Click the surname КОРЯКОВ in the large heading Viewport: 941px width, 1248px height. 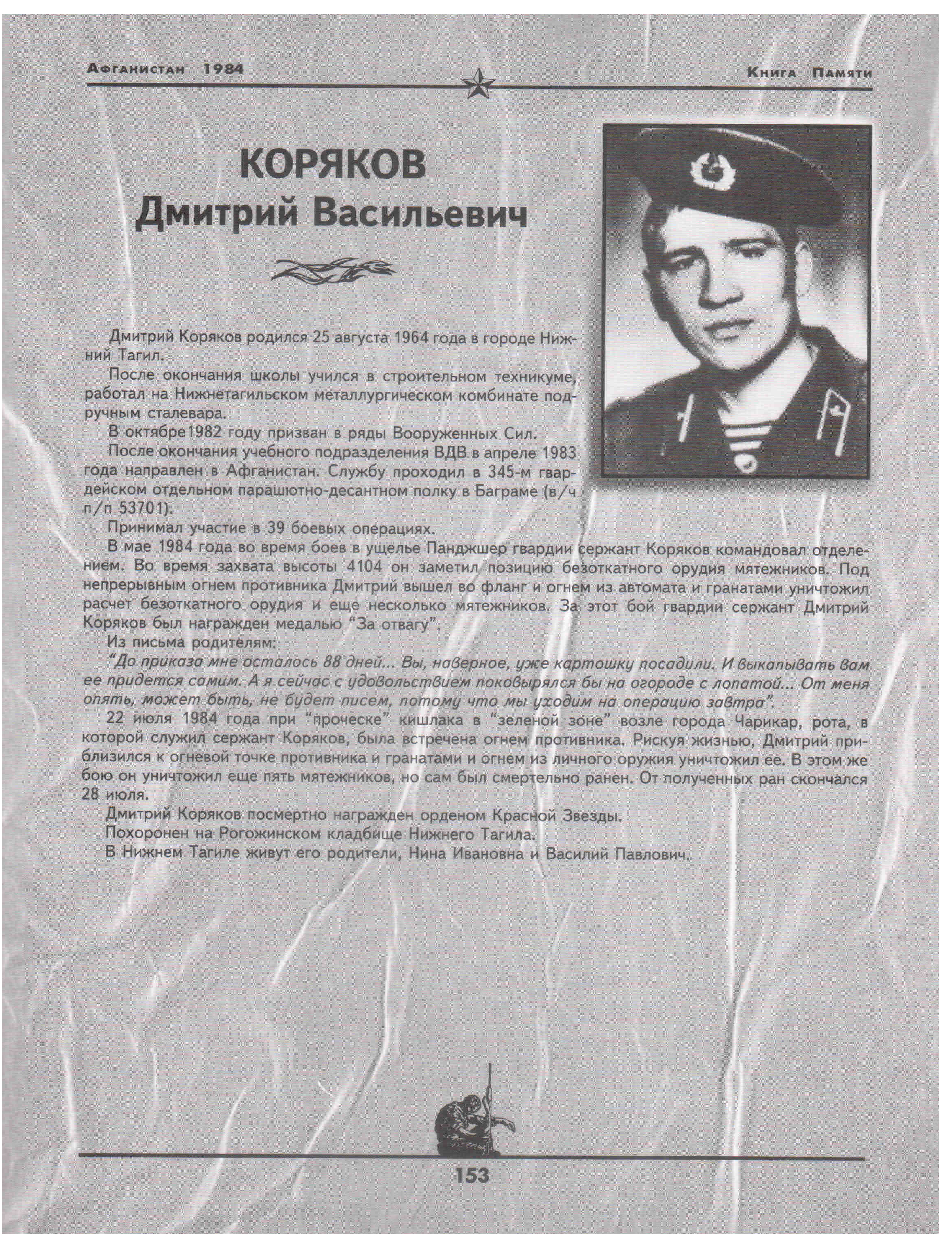[x=332, y=166]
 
